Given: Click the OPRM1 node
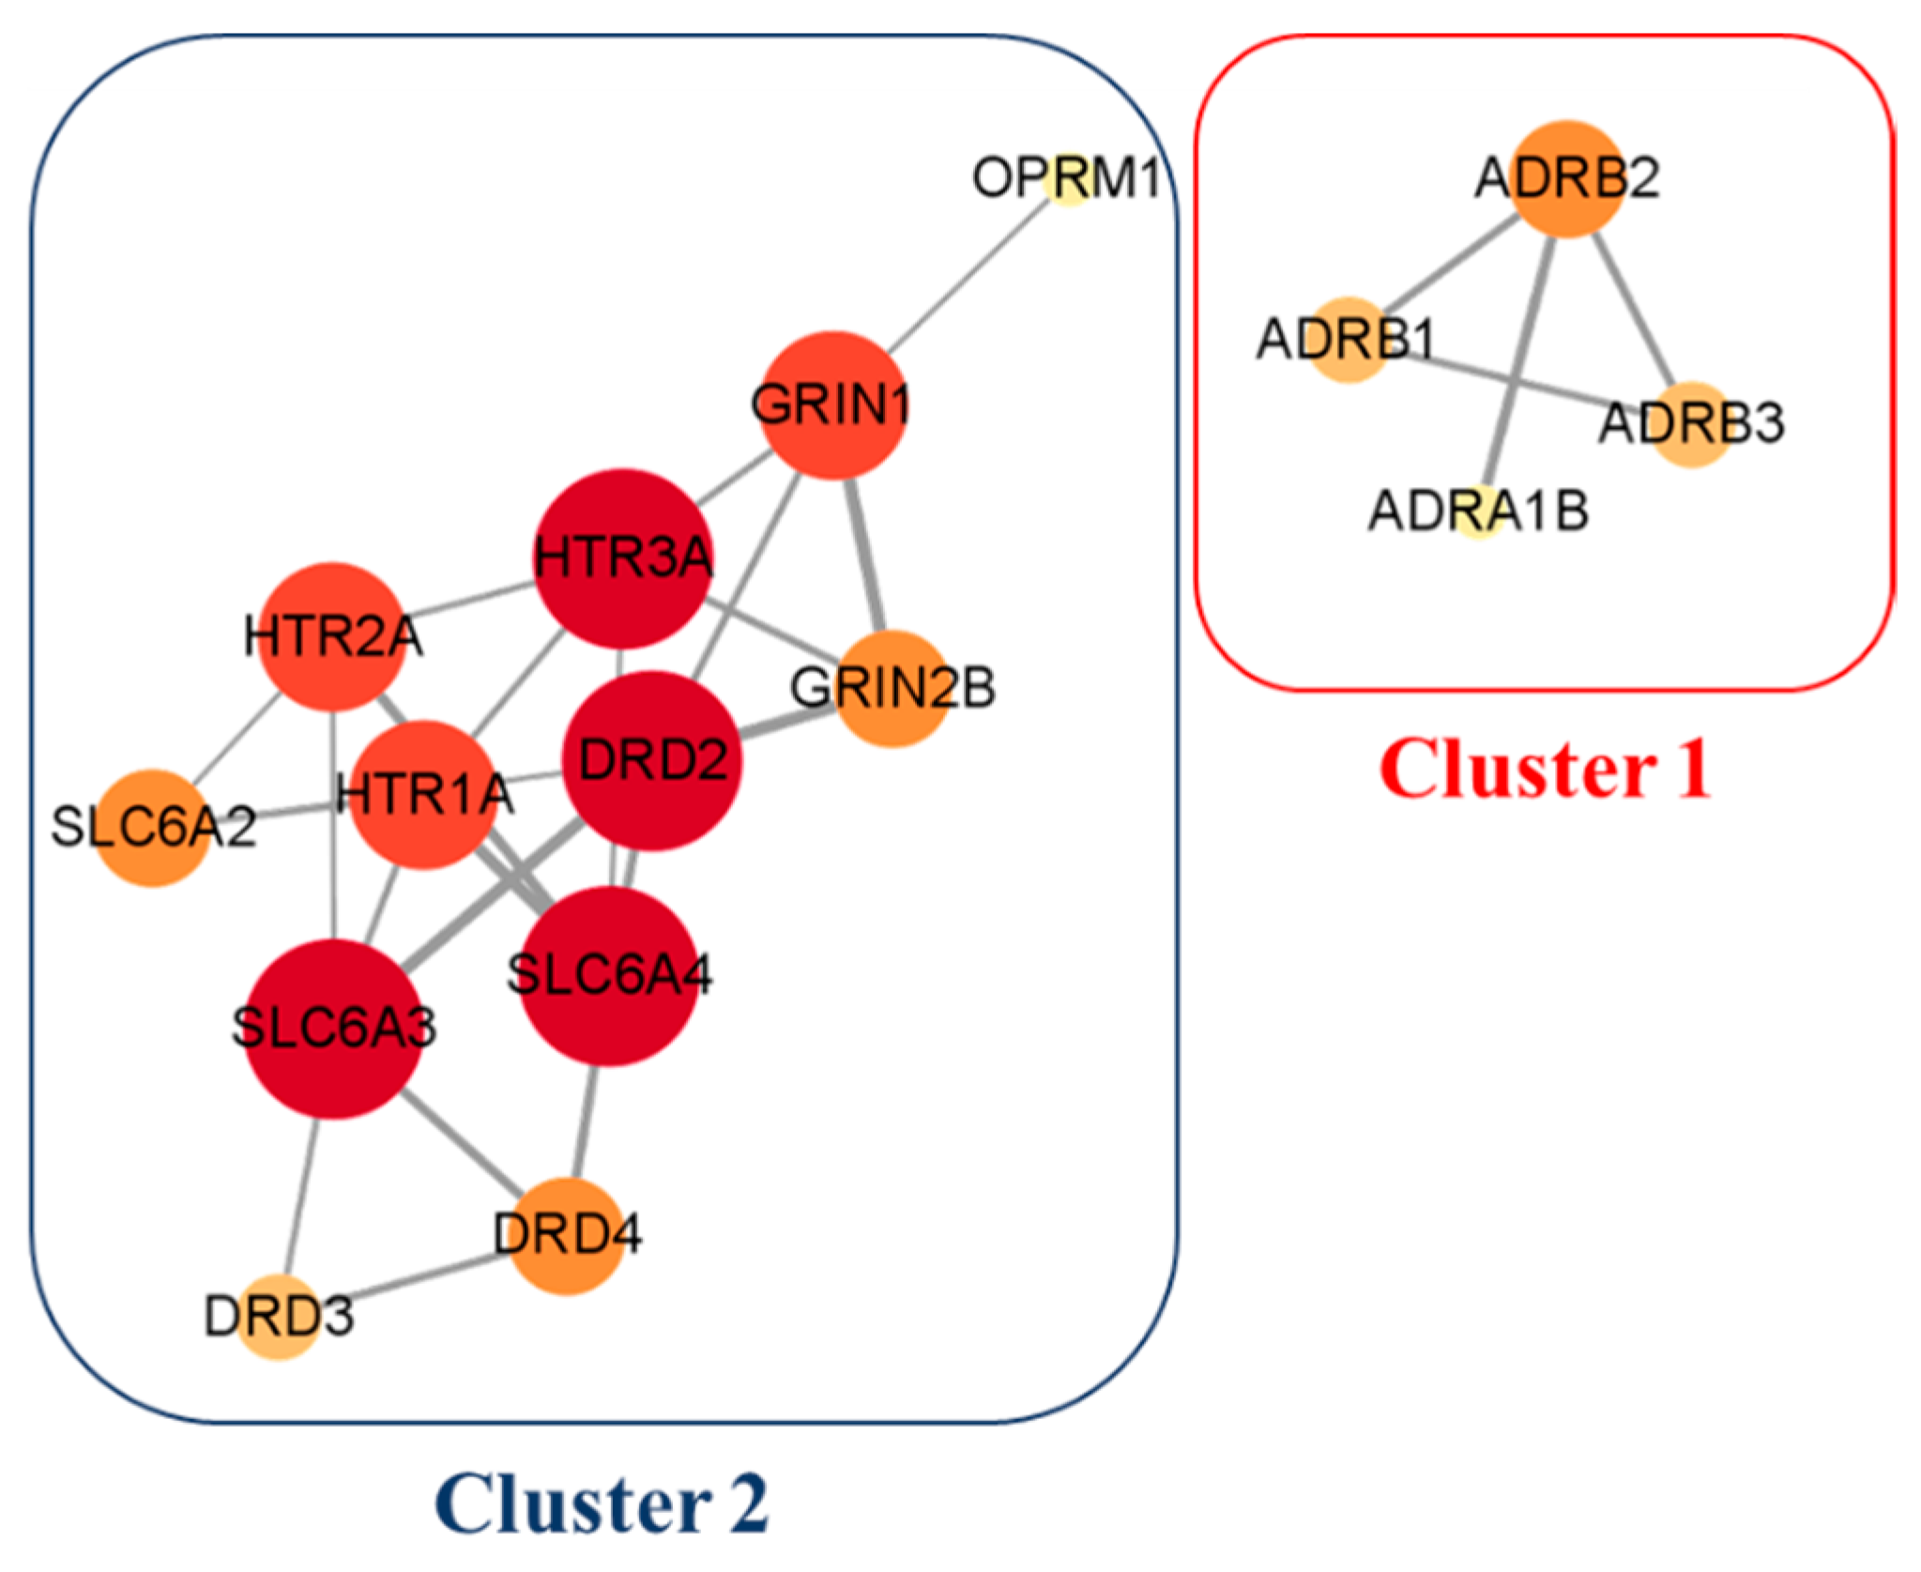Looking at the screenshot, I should [x=1068, y=180].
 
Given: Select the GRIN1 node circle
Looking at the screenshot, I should [x=831, y=405].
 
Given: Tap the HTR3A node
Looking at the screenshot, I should [x=622, y=559].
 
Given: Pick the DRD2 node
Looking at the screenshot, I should [x=652, y=761].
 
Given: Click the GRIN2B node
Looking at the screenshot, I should [x=892, y=689].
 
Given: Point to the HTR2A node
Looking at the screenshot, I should [x=332, y=637].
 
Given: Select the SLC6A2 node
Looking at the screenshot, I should [x=152, y=828].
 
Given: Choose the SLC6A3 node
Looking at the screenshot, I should [x=333, y=1030].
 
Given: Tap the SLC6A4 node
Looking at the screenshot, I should [x=609, y=976].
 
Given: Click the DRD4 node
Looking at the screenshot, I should [x=567, y=1236].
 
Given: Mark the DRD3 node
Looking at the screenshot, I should [x=279, y=1317].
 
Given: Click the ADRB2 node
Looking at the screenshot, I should [x=1567, y=178].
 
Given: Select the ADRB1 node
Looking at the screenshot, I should [x=1348, y=340].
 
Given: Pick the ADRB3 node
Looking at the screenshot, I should [x=1691, y=424].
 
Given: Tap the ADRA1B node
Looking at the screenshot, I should [x=1479, y=511].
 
